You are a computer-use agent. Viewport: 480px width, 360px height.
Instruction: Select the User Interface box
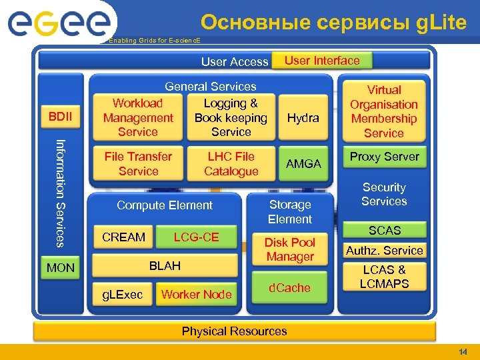[x=322, y=61]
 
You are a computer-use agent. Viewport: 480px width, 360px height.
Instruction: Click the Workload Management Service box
[x=138, y=118]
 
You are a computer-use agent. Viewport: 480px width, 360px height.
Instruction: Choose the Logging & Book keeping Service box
[x=231, y=118]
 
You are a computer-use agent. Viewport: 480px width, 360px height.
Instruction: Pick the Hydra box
[x=303, y=118]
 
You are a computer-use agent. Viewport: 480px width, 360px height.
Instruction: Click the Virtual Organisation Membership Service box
[x=384, y=111]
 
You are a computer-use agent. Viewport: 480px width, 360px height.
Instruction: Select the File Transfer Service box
[x=138, y=164]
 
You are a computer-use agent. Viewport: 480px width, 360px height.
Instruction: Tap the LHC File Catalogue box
[x=231, y=164]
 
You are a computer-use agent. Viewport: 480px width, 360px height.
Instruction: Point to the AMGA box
[x=303, y=164]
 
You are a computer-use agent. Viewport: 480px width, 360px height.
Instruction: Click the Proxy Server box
[x=385, y=157]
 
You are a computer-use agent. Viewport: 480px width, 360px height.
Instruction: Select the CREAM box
[x=123, y=237]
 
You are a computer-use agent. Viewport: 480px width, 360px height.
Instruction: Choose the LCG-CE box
[x=196, y=237]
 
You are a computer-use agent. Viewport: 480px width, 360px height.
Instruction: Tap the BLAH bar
[x=165, y=266]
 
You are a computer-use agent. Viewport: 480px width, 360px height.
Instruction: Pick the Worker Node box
[x=197, y=294]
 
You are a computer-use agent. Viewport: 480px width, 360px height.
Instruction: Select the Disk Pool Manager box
[x=290, y=249]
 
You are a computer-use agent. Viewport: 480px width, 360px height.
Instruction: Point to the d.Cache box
[x=290, y=288]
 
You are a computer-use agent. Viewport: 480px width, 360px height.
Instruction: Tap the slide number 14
[x=463, y=351]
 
